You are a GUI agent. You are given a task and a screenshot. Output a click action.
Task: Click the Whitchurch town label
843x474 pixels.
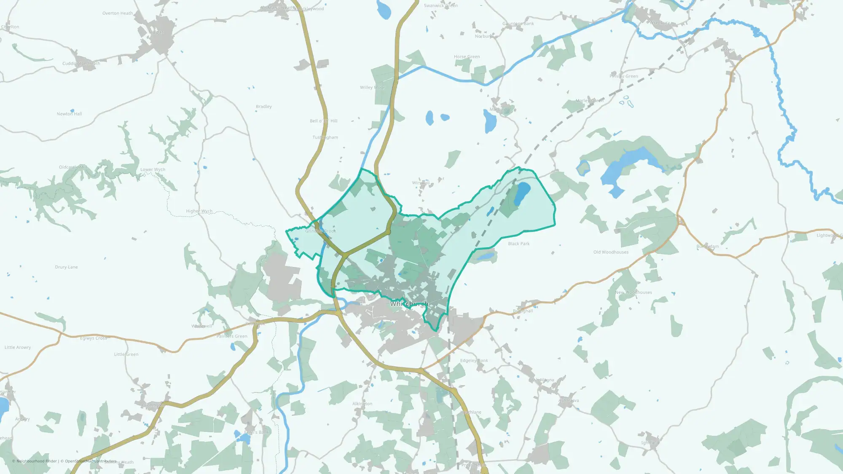tap(409, 304)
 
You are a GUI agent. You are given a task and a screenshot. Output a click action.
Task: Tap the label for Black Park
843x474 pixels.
tap(518, 244)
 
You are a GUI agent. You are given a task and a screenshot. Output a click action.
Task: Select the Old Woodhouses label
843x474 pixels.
tap(611, 252)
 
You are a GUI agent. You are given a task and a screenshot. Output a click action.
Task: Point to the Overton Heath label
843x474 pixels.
tap(117, 13)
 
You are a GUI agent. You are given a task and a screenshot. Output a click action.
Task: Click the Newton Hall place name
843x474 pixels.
tap(69, 114)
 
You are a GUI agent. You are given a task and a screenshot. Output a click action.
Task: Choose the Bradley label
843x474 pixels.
tap(263, 107)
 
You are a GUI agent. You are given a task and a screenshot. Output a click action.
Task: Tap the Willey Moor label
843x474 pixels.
tap(372, 88)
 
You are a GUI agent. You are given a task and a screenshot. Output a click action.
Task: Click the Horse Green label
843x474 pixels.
tap(467, 56)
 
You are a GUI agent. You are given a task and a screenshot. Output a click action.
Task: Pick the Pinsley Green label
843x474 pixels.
tap(623, 76)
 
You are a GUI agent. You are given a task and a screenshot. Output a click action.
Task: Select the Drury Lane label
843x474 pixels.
tap(66, 267)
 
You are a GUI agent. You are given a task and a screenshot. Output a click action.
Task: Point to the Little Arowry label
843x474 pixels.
tap(18, 348)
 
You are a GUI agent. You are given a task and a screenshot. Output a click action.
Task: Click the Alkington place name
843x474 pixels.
tap(362, 404)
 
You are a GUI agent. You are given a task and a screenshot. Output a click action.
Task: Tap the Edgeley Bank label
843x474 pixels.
tap(474, 361)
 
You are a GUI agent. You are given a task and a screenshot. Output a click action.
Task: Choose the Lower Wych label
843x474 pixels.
tap(153, 170)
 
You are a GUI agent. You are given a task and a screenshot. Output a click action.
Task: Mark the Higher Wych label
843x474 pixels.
tap(199, 211)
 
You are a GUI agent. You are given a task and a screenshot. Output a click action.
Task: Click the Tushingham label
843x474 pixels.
tap(325, 137)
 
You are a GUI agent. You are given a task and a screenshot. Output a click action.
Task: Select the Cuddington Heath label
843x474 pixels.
tap(81, 64)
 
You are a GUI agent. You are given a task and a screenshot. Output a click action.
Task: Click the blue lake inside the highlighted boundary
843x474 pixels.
tap(522, 192)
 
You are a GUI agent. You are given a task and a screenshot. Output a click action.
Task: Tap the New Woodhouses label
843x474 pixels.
tap(633, 292)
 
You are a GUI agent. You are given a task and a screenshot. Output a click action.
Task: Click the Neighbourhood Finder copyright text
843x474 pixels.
tap(36, 461)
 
